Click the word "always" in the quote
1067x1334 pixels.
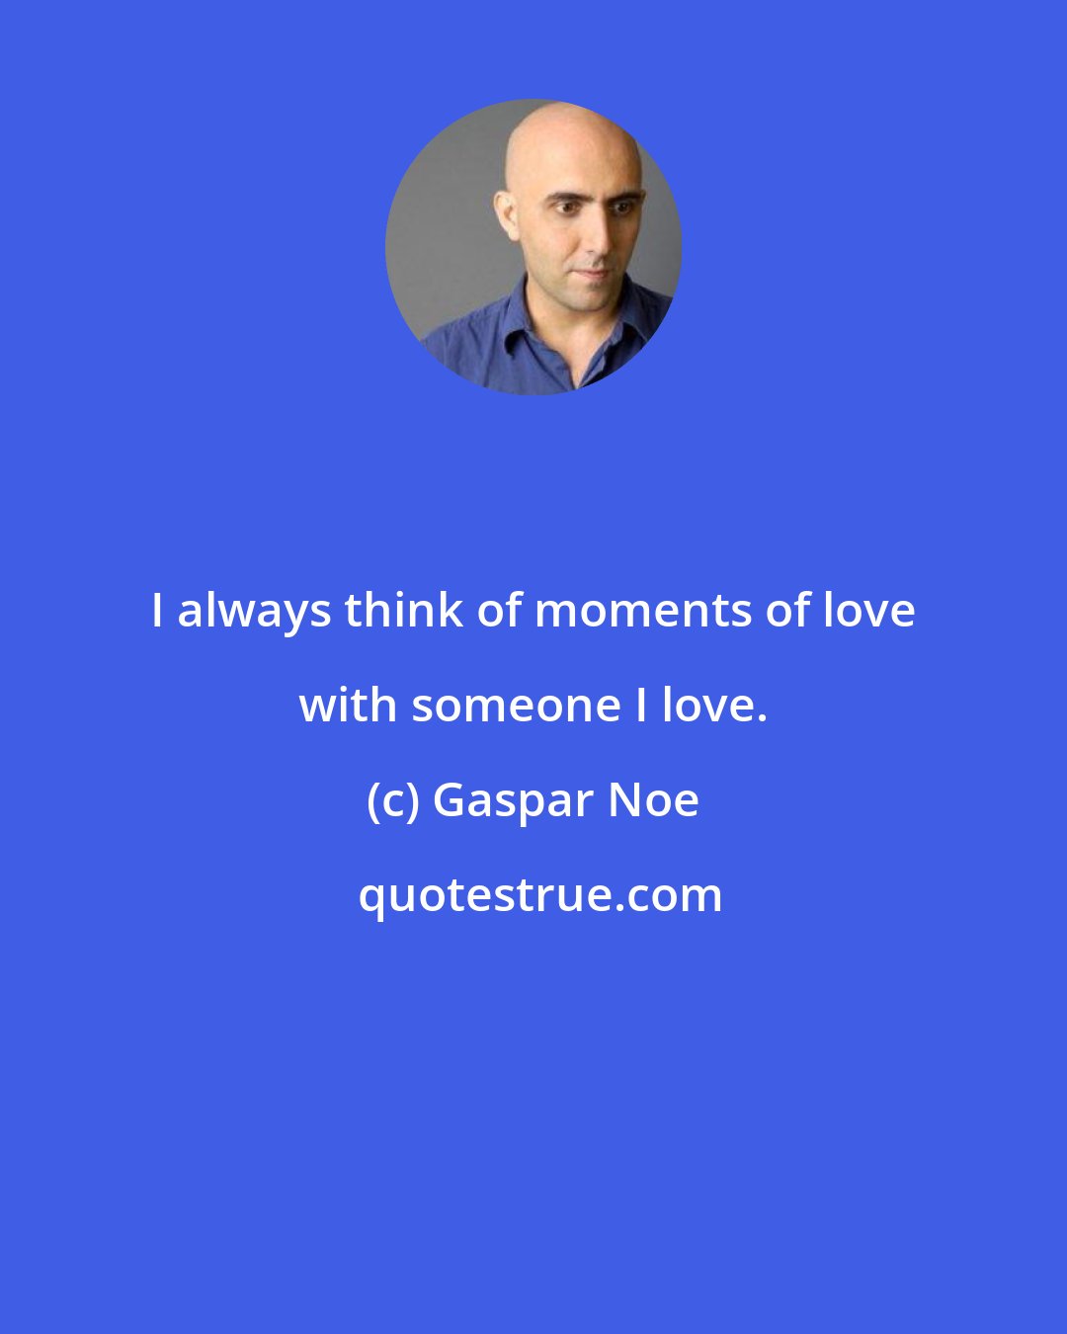254,612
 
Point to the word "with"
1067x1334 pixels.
348,706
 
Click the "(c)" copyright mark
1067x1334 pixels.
393,800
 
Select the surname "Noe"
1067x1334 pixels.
654,800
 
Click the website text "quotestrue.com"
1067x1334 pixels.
539,896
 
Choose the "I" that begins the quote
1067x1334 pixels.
157,612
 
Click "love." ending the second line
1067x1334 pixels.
714,706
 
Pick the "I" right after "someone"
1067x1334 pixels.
641,706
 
